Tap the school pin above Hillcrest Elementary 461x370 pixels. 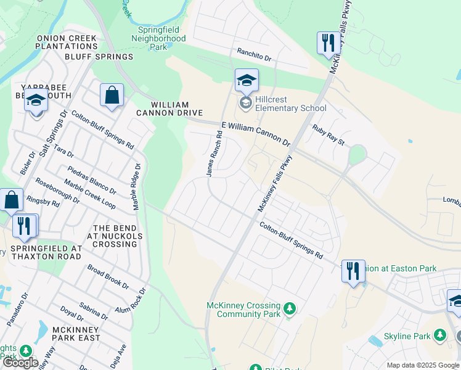[x=247, y=81]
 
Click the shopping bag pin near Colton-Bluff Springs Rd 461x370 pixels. [x=112, y=96]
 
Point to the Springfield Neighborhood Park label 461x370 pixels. [x=158, y=38]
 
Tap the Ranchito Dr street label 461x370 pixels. [x=254, y=55]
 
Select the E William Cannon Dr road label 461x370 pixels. [x=256, y=133]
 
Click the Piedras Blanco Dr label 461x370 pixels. [x=92, y=180]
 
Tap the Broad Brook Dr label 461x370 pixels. [x=108, y=277]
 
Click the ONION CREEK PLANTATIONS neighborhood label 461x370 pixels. [x=67, y=42]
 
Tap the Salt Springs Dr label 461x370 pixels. [x=52, y=133]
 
